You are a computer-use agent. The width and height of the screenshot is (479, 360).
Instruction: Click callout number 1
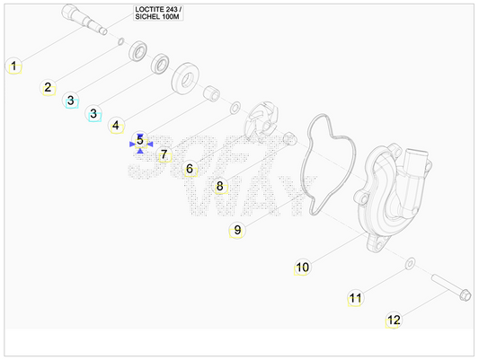pos(13,66)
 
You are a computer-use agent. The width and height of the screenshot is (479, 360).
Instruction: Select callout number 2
pos(48,88)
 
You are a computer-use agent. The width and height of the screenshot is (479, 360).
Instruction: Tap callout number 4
pos(116,125)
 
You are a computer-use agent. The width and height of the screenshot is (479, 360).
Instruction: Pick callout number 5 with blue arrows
pos(140,140)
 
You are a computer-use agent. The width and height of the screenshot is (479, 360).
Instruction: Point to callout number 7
pos(164,154)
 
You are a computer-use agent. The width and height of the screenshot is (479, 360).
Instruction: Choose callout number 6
pos(190,169)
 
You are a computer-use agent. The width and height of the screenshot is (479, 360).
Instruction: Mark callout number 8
pos(220,186)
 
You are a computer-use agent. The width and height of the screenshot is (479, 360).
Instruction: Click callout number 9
pos(237,230)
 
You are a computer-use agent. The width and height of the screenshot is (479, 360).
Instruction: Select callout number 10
pos(303,268)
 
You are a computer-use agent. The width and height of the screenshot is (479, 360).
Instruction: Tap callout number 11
pos(355,298)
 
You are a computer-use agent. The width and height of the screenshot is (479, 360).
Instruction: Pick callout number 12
pos(394,320)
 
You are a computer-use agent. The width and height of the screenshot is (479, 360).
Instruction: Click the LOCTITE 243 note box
pos(158,13)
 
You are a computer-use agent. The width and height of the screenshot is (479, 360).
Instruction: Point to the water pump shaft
pos(84,19)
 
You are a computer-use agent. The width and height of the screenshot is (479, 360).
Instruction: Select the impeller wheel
pos(261,122)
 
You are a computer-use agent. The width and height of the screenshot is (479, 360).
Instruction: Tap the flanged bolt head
pos(465,295)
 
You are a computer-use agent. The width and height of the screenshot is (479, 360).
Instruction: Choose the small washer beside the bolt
pos(410,264)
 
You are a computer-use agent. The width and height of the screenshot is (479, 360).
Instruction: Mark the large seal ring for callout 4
pos(185,79)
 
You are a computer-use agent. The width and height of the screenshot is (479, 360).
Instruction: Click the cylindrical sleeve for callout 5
pos(211,94)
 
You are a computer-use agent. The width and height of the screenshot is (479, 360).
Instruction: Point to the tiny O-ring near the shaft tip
pos(121,41)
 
